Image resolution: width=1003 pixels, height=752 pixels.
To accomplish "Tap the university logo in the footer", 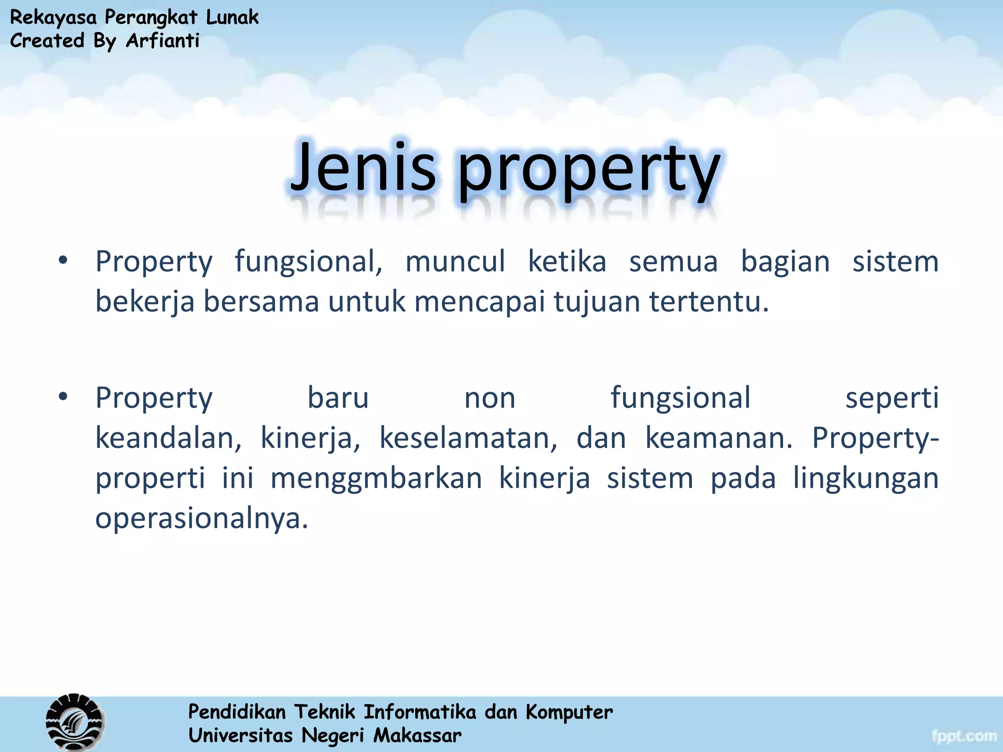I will pyautogui.click(x=75, y=722).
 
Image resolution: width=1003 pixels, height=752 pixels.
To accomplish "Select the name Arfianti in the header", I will pyautogui.click(x=163, y=41).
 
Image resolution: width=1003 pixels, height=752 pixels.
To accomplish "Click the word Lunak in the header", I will pyautogui.click(x=232, y=17).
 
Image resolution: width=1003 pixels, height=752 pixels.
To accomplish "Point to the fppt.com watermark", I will pyautogui.click(x=964, y=736).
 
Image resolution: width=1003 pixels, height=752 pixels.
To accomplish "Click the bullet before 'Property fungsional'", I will pyautogui.click(x=63, y=261).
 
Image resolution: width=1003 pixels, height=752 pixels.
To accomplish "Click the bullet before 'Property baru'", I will pyautogui.click(x=63, y=397).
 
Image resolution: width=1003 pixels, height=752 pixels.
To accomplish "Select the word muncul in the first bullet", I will pyautogui.click(x=455, y=261).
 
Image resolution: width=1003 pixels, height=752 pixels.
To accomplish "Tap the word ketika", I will pyautogui.click(x=567, y=261).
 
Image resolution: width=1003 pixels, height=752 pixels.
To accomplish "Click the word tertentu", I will pyautogui.click(x=709, y=301).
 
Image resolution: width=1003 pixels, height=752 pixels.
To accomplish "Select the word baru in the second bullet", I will pyautogui.click(x=338, y=398).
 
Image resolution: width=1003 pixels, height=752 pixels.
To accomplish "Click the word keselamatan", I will pyautogui.click(x=468, y=438).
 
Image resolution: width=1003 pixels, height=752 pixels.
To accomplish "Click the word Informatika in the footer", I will pyautogui.click(x=420, y=712).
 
